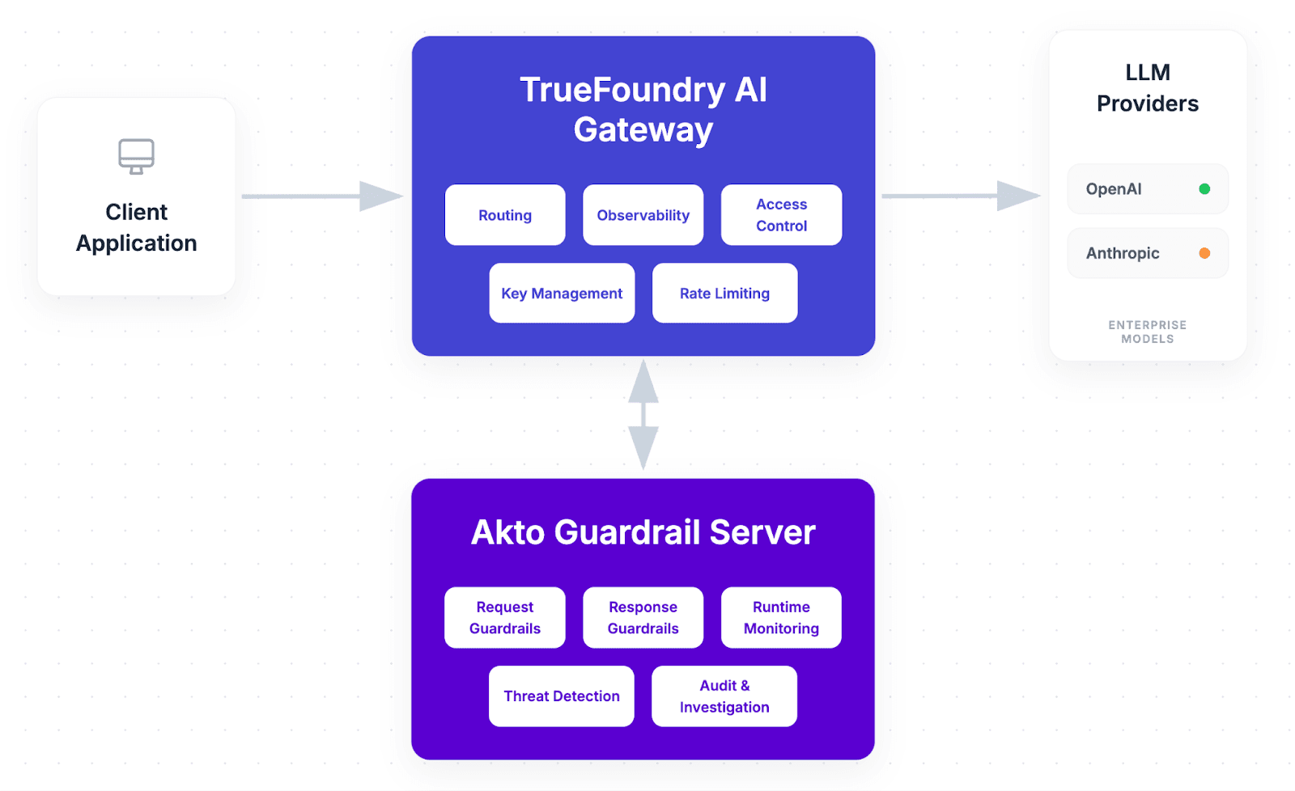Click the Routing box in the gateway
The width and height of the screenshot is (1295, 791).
pyautogui.click(x=505, y=215)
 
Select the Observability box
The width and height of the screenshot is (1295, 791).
pyautogui.click(x=643, y=215)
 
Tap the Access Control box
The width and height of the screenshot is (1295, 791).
pyautogui.click(x=781, y=215)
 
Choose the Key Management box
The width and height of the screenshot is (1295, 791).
pyautogui.click(x=562, y=294)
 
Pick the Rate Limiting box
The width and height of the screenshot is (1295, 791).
pyautogui.click(x=724, y=294)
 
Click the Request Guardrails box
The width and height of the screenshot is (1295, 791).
pyautogui.click(x=505, y=617)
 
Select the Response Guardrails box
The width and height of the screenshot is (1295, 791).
pyautogui.click(x=643, y=617)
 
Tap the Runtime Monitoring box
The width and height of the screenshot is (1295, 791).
pyautogui.click(x=781, y=617)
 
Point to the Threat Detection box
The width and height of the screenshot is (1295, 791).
pyautogui.click(x=562, y=696)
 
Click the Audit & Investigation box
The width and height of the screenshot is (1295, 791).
pyautogui.click(x=724, y=696)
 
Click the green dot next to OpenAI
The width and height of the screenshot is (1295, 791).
pyautogui.click(x=1204, y=189)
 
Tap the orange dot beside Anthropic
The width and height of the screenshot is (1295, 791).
pyautogui.click(x=1204, y=253)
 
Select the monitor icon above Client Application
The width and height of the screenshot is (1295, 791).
pyautogui.click(x=136, y=156)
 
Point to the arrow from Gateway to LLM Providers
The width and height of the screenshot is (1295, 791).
pyautogui.click(x=960, y=196)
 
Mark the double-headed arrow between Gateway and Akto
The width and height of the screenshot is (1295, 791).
pyautogui.click(x=643, y=415)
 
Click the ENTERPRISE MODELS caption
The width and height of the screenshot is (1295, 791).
pyautogui.click(x=1147, y=332)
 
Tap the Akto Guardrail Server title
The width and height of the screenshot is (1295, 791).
pyautogui.click(x=643, y=532)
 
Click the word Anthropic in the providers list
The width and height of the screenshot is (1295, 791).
pyautogui.click(x=1123, y=253)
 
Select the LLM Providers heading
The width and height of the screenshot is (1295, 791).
pyautogui.click(x=1147, y=88)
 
